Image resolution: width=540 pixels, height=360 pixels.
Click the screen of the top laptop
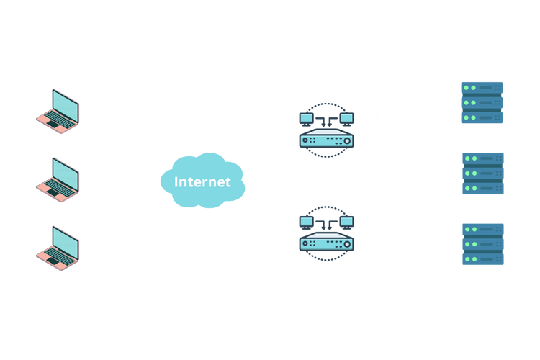pyautogui.click(x=64, y=104)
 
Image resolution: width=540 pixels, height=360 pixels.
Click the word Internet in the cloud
pyautogui.click(x=202, y=181)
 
